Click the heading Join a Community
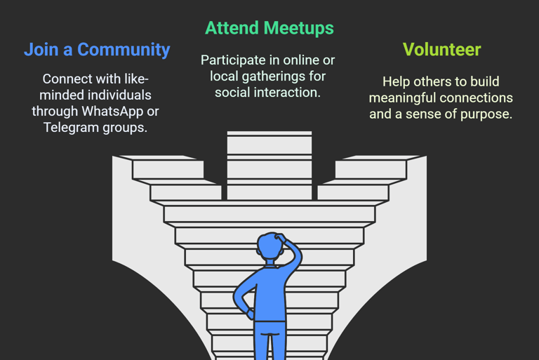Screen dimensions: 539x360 click(97, 50)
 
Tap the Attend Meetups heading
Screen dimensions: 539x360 click(269, 28)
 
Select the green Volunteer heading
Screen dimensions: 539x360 click(441, 50)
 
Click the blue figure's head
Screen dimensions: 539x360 click(270, 249)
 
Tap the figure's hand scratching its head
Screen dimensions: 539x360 click(282, 239)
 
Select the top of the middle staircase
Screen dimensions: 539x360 click(269, 135)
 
